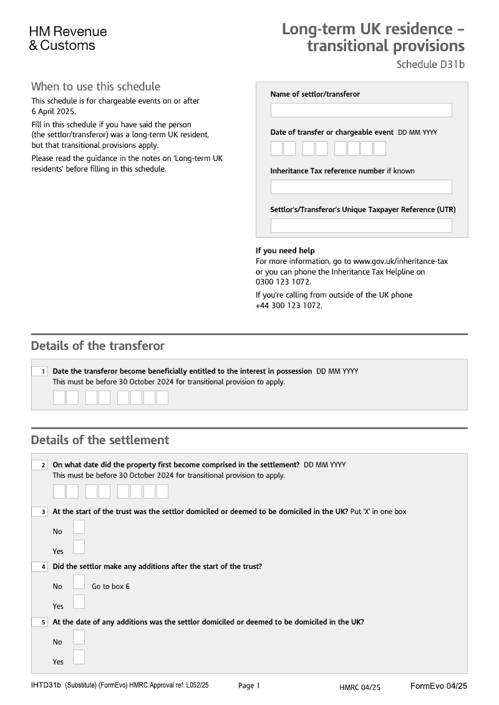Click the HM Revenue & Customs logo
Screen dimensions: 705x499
coord(68,38)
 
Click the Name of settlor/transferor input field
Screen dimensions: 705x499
coord(361,110)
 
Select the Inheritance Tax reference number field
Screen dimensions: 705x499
coord(361,187)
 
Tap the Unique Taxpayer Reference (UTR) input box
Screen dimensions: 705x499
coord(361,225)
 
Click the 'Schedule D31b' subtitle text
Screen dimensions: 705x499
coord(430,64)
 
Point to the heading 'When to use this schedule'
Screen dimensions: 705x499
coord(95,87)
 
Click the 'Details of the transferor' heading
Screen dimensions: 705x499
coord(97,346)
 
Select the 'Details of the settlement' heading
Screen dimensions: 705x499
coord(100,440)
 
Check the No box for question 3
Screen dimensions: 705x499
coord(79,528)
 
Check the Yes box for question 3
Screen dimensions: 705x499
coord(79,547)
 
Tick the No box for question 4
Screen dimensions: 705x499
coord(79,582)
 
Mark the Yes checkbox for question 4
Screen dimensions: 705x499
coord(79,602)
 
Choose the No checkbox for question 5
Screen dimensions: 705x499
coord(79,637)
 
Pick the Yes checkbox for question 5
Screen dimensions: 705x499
coord(79,657)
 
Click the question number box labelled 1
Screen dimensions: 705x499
coord(39,371)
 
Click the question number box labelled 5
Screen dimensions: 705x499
coord(39,622)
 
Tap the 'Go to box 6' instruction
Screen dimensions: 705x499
coord(110,586)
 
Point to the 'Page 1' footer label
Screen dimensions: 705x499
coord(249,686)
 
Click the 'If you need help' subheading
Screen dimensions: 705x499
coord(285,251)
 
